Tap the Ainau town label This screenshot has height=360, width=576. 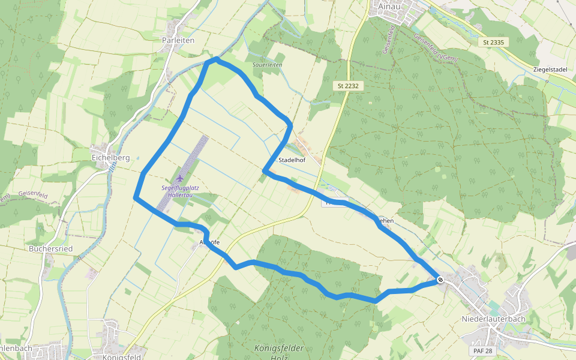[x=389, y=7]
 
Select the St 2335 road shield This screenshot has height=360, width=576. [x=493, y=42]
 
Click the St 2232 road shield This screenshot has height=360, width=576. [x=348, y=86]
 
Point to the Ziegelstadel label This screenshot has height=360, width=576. [x=550, y=70]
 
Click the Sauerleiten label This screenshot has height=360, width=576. [x=268, y=64]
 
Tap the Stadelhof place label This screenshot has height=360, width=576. [x=292, y=160]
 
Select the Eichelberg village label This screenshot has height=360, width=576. [x=111, y=158]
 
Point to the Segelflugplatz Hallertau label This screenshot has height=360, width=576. [x=180, y=191]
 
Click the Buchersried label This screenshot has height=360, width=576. [x=51, y=248]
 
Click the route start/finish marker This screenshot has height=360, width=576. [x=440, y=279]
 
